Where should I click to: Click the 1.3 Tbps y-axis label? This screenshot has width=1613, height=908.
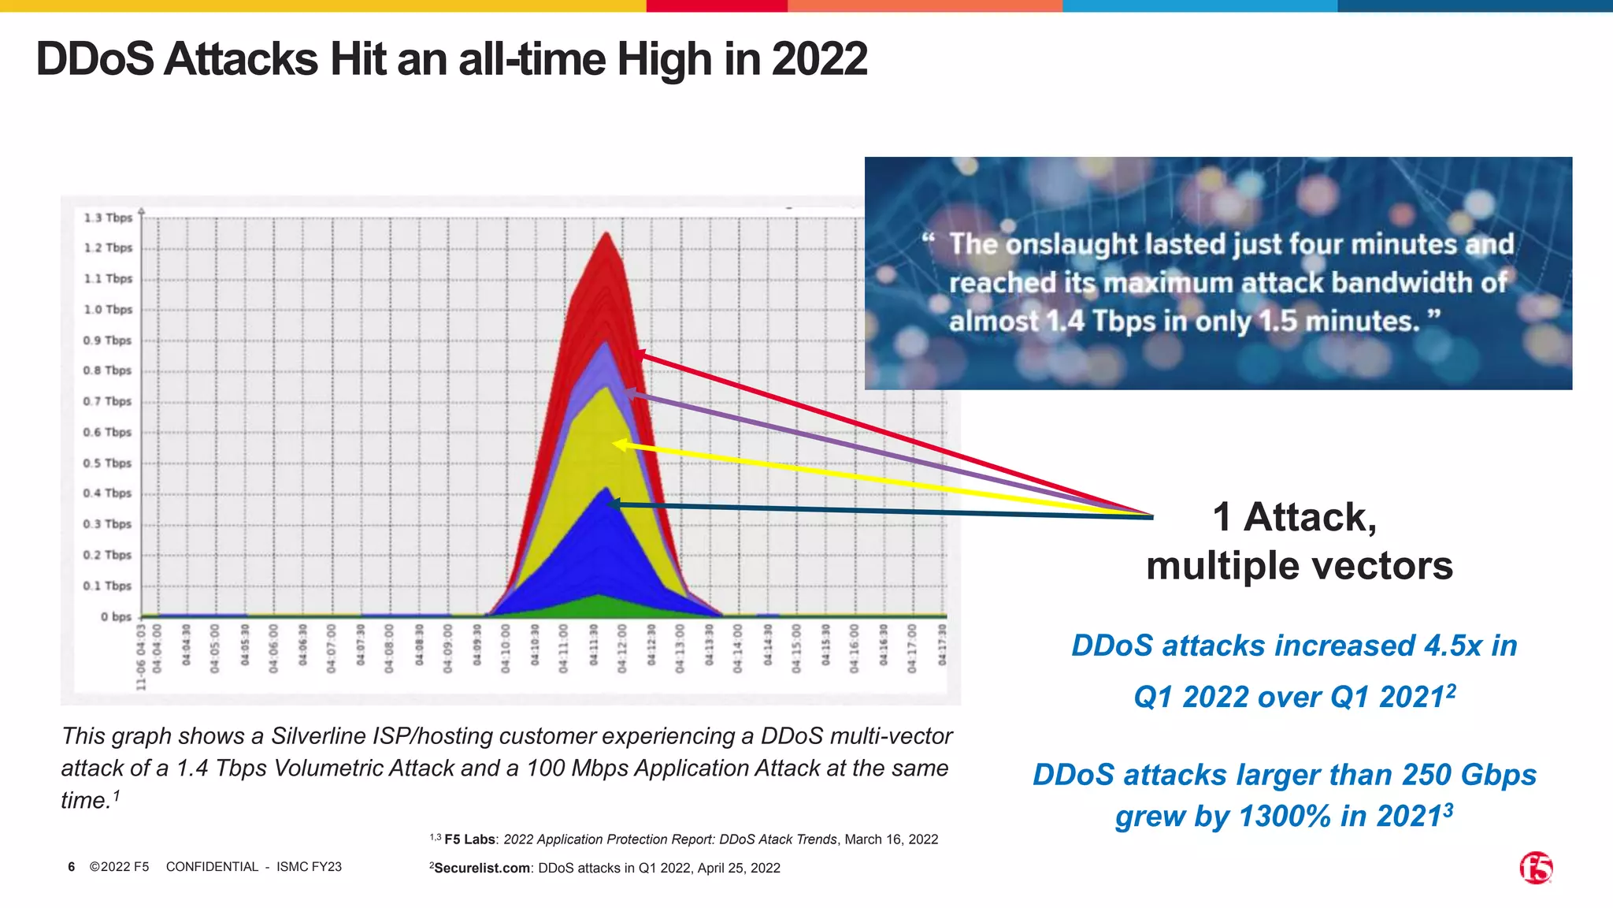point(108,218)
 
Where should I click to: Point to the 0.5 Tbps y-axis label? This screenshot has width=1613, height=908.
point(108,463)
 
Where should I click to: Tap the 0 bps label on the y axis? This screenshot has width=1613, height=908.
point(116,616)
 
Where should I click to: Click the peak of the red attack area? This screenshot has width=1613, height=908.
point(606,235)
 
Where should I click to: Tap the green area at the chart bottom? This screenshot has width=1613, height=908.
point(600,606)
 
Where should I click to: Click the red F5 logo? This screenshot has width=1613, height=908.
point(1536,868)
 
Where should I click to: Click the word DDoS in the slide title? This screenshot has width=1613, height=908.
point(95,59)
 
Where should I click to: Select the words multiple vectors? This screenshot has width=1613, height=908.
point(1299,566)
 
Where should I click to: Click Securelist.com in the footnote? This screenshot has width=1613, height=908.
point(482,868)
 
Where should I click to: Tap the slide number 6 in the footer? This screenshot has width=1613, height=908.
point(71,867)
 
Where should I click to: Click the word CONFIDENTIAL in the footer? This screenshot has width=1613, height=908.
point(212,867)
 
